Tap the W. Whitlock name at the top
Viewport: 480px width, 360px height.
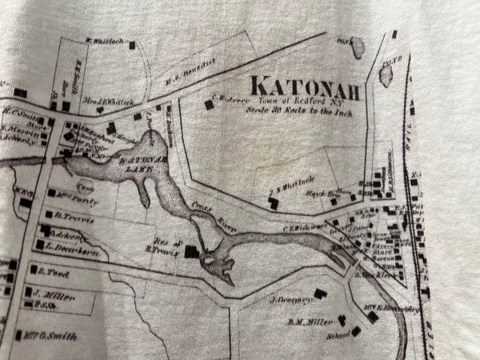103,40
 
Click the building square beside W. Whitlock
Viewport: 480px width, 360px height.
133,46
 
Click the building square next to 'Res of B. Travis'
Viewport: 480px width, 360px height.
191,252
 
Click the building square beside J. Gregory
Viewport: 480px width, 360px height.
320,294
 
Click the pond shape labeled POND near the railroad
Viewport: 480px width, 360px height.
386,74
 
